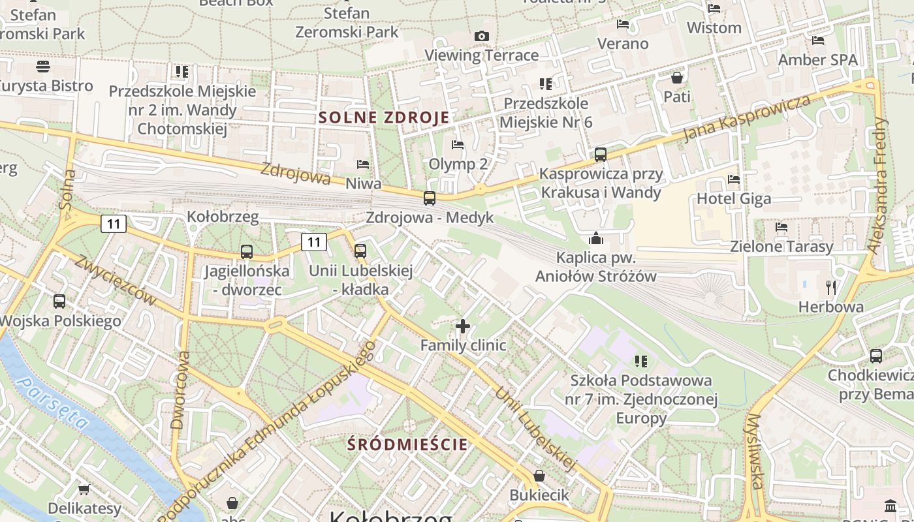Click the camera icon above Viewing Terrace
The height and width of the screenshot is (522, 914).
click(x=482, y=36)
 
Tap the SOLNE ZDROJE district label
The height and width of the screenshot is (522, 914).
click(x=384, y=118)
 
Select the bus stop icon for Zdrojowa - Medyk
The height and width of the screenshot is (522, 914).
click(x=429, y=198)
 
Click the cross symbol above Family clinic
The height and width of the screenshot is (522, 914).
click(x=463, y=326)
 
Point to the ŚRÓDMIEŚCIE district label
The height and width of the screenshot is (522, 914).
click(x=407, y=445)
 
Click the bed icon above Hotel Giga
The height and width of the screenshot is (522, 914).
click(x=734, y=179)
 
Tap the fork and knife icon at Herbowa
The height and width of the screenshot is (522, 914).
click(x=831, y=287)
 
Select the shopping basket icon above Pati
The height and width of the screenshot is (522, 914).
click(x=676, y=78)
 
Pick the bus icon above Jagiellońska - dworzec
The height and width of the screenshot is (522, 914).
click(x=246, y=251)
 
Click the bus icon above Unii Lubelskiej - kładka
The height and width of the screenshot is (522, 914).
click(x=360, y=251)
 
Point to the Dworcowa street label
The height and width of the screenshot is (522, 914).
click(x=181, y=390)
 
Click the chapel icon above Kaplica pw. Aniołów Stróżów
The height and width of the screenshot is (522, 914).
click(x=595, y=238)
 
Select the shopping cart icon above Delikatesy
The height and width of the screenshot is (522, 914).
click(x=84, y=489)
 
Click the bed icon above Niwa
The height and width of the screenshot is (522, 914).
click(x=363, y=164)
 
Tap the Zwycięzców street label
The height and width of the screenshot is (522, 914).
click(x=115, y=280)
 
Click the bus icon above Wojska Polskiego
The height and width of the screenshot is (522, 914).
click(x=59, y=301)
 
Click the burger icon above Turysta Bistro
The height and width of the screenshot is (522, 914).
click(x=43, y=66)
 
